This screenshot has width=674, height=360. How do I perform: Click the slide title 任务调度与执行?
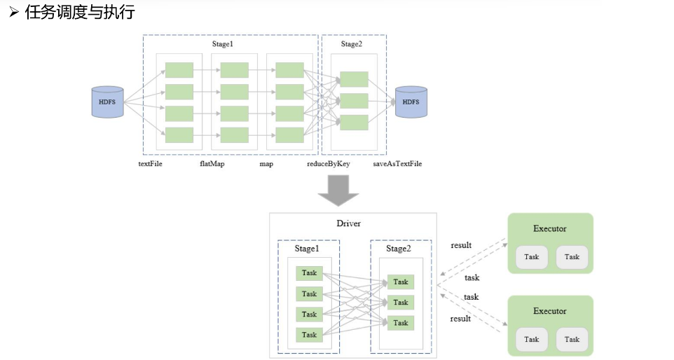pos(79,12)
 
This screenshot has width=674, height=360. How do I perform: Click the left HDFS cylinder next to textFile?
pos(107,102)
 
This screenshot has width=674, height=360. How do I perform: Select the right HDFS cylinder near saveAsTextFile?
pos(411,102)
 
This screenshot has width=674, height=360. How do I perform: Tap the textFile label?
pos(150,164)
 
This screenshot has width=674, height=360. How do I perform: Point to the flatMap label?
pos(212,164)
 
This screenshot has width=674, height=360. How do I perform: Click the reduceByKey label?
pos(328,164)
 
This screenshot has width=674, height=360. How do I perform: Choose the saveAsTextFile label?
pos(397,164)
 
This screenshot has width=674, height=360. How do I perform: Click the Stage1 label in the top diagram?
pos(222,44)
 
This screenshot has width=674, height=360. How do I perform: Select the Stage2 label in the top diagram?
pos(352,44)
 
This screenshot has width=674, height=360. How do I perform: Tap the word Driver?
pos(349,223)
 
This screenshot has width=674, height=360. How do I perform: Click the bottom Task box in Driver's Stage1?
pos(309,335)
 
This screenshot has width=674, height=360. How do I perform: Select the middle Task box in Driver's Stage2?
pos(400,303)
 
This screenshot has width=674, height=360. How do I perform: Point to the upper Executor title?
pos(549,228)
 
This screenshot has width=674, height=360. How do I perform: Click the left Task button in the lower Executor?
pos(532,339)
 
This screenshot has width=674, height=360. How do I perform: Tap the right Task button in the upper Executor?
pos(572,257)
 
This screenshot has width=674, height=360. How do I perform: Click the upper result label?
pos(460,245)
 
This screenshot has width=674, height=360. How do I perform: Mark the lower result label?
pos(460,319)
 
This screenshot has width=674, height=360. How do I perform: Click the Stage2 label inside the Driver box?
pos(399,249)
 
